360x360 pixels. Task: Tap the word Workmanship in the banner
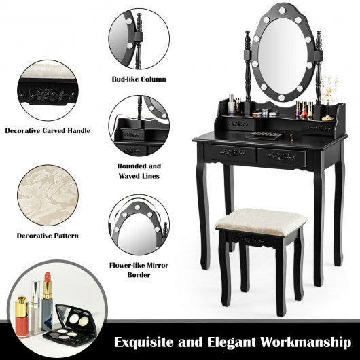coord(306,342)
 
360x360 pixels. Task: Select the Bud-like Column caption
coord(139,79)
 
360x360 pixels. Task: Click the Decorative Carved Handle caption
coord(48,131)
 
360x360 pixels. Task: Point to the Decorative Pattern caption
coord(48,236)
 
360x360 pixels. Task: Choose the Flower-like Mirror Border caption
coord(139,270)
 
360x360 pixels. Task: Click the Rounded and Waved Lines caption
coord(139,171)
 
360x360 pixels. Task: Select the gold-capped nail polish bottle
coord(22,317)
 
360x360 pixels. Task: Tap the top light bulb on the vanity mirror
coord(282,10)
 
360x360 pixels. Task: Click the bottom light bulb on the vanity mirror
coord(281,98)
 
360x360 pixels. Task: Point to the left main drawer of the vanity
coord(232,153)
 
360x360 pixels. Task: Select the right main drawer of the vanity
coord(281,157)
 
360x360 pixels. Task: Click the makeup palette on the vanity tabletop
coord(264,136)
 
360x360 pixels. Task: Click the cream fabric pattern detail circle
coord(48,195)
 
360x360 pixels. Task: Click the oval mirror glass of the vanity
coord(283,56)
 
